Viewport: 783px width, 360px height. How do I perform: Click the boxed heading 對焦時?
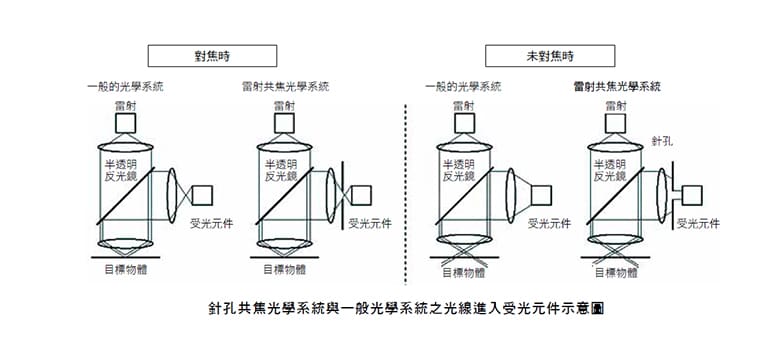(x=212, y=56)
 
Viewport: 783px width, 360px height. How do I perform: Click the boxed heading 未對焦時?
(x=550, y=56)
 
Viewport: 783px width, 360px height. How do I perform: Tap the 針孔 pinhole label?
(x=662, y=141)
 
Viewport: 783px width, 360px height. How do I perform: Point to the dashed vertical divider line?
(x=405, y=195)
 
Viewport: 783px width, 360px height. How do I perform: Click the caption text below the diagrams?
(x=406, y=308)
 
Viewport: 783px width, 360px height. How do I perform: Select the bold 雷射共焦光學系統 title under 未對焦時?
(x=617, y=87)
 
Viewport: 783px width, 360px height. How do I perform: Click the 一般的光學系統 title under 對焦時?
(x=125, y=87)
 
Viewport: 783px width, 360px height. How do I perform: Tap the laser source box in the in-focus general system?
(x=125, y=123)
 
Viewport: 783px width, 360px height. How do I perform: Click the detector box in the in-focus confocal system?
(x=361, y=195)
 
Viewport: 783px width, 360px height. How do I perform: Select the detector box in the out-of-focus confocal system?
(x=692, y=195)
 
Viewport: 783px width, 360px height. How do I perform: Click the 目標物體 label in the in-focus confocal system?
(x=285, y=270)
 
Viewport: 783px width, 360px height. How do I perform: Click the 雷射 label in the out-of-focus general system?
(x=464, y=106)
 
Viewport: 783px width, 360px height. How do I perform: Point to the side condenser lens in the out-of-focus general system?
(x=510, y=195)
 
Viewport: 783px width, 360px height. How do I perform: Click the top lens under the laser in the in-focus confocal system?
(x=285, y=147)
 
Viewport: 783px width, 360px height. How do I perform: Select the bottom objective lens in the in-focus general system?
(x=125, y=244)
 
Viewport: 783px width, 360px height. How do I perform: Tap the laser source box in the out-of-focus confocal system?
(x=616, y=123)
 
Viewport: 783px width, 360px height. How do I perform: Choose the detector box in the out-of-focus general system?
(x=541, y=195)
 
